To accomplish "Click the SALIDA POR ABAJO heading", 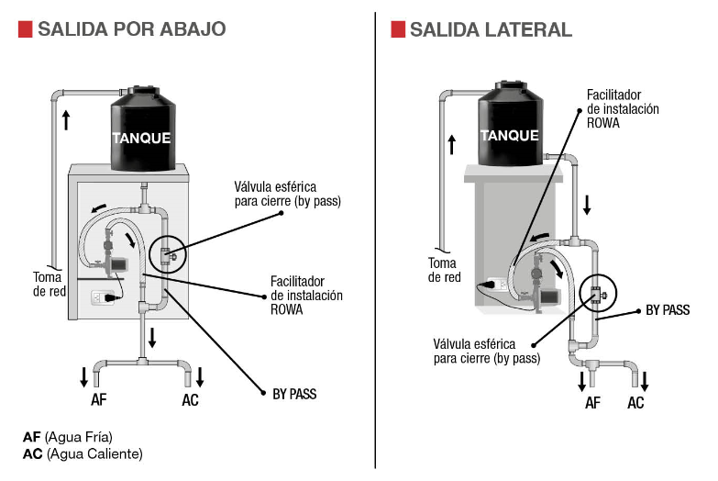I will (x=131, y=29).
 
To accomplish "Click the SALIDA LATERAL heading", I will (x=490, y=29).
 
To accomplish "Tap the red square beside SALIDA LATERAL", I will (x=398, y=29).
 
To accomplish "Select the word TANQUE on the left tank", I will (x=141, y=139).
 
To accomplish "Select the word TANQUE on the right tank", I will (x=510, y=135).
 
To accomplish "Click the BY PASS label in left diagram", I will (x=294, y=394).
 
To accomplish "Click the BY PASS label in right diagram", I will (x=668, y=310).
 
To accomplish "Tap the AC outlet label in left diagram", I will (x=190, y=400).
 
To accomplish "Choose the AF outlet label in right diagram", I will (x=592, y=403).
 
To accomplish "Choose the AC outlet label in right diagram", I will (x=635, y=403).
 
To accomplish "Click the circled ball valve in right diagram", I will (x=598, y=294).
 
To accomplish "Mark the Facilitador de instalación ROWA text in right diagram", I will (x=623, y=108).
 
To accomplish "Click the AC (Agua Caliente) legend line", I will (x=83, y=453).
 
